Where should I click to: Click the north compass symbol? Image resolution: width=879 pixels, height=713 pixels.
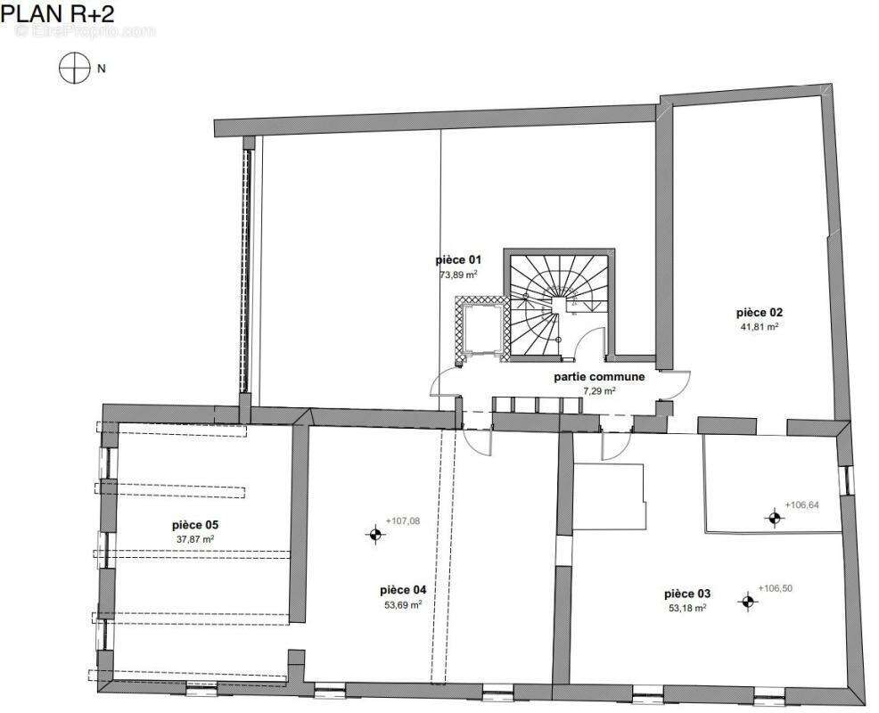[75, 69]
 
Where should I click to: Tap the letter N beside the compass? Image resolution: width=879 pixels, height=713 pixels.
[102, 69]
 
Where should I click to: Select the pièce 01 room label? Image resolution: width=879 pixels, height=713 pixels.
[458, 260]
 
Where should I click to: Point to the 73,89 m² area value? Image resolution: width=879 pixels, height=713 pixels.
[458, 275]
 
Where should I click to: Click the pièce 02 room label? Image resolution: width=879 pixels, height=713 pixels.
[759, 312]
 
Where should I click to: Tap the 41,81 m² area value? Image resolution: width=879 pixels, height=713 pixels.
[759, 326]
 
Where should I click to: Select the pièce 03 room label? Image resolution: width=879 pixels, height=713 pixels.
[687, 594]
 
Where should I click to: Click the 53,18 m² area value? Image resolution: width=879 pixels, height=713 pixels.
[687, 608]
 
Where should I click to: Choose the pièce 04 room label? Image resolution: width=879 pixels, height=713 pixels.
[403, 590]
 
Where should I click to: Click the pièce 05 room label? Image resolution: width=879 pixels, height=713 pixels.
[195, 525]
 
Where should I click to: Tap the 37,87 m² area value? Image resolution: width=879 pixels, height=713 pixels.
[195, 539]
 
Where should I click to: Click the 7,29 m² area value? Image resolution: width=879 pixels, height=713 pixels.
[599, 391]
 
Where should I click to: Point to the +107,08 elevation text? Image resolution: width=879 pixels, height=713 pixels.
[402, 521]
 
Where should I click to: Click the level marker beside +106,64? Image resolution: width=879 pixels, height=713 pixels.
[775, 519]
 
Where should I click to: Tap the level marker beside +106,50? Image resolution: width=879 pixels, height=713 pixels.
[747, 602]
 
